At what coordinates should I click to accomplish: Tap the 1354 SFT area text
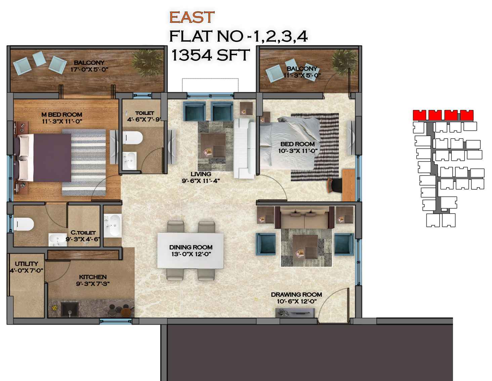coord(211,55)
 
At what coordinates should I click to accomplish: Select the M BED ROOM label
coord(62,115)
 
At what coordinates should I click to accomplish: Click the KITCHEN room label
coord(93,277)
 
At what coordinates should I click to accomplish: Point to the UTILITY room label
coord(27,264)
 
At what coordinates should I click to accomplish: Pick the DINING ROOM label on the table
coord(191,247)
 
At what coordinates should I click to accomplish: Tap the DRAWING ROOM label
coord(296,295)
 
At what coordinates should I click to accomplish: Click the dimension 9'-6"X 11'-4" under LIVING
coord(201,181)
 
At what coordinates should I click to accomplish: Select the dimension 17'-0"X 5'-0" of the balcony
coord(89,69)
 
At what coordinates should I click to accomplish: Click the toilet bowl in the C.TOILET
coord(24,224)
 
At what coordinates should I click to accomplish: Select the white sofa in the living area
coord(245,148)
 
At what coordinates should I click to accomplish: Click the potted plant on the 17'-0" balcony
coord(147,60)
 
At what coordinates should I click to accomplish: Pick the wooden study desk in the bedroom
coord(348,185)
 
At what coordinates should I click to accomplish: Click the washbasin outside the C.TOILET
coord(113,226)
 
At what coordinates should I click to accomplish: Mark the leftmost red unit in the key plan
coord(419,115)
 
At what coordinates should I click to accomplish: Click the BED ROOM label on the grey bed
coord(297,144)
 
